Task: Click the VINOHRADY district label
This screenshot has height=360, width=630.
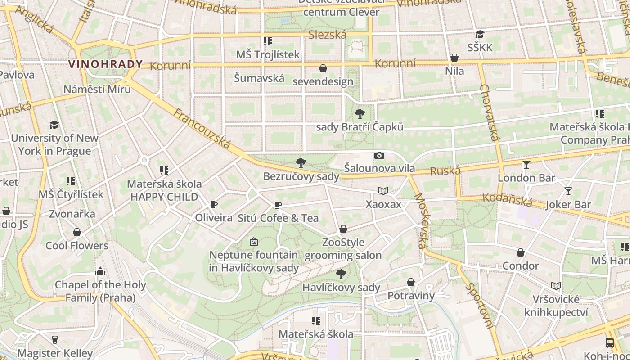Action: point(105,64)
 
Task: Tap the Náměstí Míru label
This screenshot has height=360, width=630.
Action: point(97,89)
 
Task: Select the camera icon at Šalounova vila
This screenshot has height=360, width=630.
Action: point(379,156)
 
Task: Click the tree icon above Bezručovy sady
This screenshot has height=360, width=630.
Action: point(301,163)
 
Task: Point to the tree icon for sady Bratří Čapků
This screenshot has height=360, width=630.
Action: point(360,114)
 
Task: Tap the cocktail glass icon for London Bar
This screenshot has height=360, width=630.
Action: point(526,165)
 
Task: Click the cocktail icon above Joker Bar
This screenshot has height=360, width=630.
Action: point(568,191)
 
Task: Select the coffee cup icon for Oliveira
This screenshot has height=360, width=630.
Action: point(214,205)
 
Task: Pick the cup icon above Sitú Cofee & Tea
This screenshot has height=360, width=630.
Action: point(278,205)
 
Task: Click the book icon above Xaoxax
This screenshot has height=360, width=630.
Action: point(383,191)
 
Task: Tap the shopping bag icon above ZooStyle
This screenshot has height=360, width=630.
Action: point(343,229)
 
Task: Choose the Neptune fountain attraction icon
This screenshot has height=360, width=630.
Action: point(254,242)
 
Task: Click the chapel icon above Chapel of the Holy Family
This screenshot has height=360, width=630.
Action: point(100,271)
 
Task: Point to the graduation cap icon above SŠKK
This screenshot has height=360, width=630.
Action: point(480,35)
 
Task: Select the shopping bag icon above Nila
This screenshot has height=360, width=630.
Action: point(454,58)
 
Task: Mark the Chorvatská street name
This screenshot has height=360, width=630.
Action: point(490,112)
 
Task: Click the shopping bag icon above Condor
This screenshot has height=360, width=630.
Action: point(521,253)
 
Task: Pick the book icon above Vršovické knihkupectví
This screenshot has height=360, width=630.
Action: point(556,286)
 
